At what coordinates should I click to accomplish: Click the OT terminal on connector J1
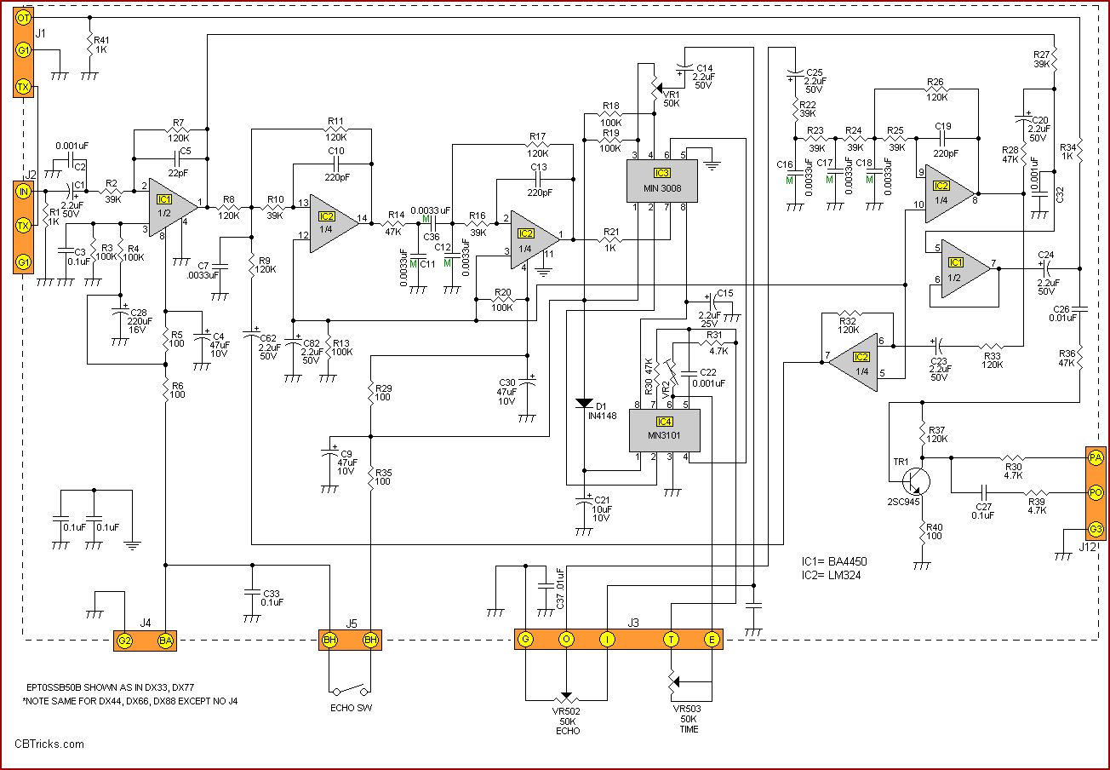tap(24, 17)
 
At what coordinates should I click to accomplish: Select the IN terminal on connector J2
tap(24, 192)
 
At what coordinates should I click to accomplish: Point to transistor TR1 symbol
tap(917, 481)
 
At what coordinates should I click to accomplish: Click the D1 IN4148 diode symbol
tap(584, 403)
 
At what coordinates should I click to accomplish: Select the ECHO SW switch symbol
tap(350, 691)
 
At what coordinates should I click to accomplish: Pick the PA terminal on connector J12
tap(1096, 457)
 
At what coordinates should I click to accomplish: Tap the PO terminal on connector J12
tap(1096, 492)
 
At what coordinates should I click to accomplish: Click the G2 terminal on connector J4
tap(125, 641)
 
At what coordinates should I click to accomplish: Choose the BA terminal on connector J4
tap(166, 641)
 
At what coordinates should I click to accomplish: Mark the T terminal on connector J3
tap(672, 640)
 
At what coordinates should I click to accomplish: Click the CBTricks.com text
tap(49, 744)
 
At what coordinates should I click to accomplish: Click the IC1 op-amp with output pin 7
tap(962, 268)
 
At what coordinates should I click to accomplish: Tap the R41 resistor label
tap(101, 44)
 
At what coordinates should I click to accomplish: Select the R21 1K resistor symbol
tap(609, 241)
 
